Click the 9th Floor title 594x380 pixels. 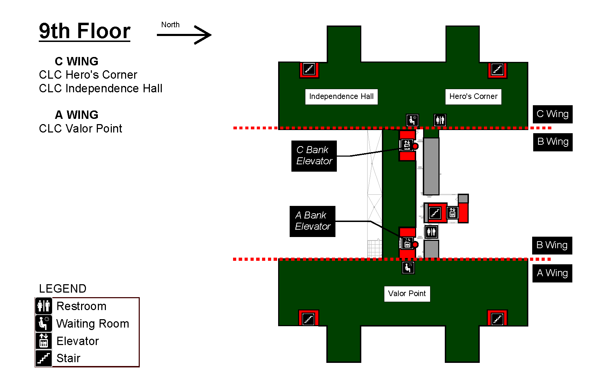pos(85,31)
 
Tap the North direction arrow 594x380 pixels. pos(184,35)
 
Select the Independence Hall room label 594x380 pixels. pos(341,96)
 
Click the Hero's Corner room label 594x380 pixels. pos(473,96)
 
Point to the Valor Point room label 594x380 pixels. pos(407,294)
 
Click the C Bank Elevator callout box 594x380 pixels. pos(314,156)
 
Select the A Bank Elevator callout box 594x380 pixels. pos(312,221)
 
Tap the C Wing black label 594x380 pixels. pos(552,114)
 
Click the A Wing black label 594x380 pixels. pos(552,273)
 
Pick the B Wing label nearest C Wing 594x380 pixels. pos(553,142)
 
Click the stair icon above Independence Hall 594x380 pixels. pos(309,69)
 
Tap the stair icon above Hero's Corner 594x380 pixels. pos(498,69)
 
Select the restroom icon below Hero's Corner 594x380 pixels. pos(440,120)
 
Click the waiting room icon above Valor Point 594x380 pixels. pos(408,268)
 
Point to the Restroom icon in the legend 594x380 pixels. pos(44,306)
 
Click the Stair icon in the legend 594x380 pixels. pos(44,358)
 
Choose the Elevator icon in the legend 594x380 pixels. pos(44,340)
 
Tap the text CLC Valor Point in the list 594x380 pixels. pos(81,129)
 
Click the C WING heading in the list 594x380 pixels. pos(77,61)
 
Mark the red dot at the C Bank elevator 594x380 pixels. pos(415,146)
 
